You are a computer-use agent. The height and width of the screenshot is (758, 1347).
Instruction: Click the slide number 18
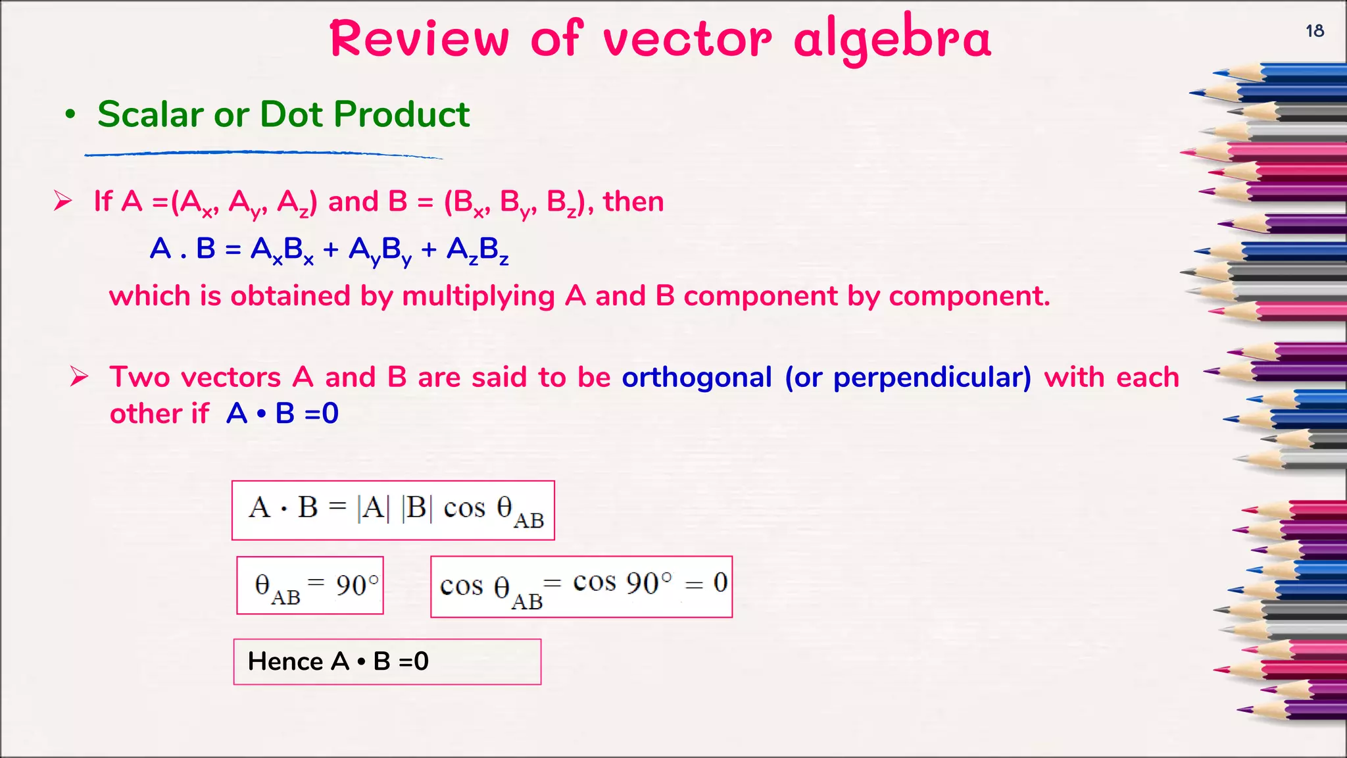pyautogui.click(x=1314, y=31)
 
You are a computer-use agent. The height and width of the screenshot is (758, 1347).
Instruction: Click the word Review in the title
pyautogui.click(x=419, y=39)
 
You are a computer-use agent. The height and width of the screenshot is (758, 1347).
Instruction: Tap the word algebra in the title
pyautogui.click(x=892, y=39)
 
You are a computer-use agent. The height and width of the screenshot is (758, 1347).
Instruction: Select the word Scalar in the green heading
pyautogui.click(x=151, y=114)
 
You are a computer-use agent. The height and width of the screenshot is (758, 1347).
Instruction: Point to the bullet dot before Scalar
pyautogui.click(x=70, y=115)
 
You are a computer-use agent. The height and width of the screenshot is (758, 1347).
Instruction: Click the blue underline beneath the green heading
pyautogui.click(x=263, y=154)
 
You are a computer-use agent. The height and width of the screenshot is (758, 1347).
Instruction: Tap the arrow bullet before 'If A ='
pyautogui.click(x=63, y=201)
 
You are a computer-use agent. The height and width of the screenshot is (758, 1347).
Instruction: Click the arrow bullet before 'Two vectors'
pyautogui.click(x=80, y=376)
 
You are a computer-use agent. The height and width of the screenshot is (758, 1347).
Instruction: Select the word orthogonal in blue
pyautogui.click(x=697, y=378)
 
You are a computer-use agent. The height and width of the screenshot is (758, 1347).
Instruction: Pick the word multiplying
pyautogui.click(x=478, y=296)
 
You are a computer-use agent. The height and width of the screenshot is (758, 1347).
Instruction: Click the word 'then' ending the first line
pyautogui.click(x=633, y=201)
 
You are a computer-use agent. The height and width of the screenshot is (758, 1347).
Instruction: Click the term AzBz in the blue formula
pyautogui.click(x=477, y=250)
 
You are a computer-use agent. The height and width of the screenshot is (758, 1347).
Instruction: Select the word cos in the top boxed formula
pyautogui.click(x=464, y=508)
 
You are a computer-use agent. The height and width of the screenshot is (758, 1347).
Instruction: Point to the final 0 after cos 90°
pyautogui.click(x=720, y=582)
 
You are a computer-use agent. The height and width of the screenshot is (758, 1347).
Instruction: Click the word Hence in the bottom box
pyautogui.click(x=285, y=661)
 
